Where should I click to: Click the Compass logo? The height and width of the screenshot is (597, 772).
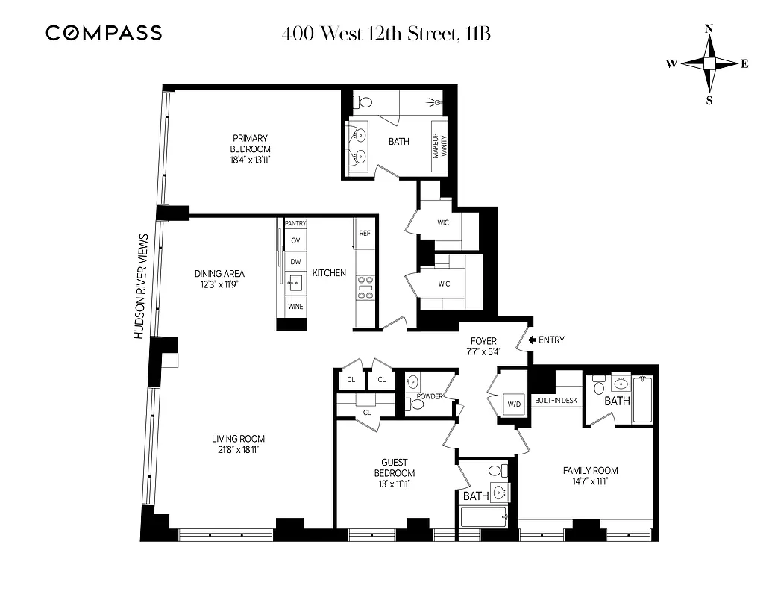coord(103,33)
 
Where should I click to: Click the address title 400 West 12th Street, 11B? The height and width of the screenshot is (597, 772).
coord(386,34)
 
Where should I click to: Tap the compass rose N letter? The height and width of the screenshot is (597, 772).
coord(709,28)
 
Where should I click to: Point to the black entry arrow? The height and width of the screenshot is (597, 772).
coord(532,340)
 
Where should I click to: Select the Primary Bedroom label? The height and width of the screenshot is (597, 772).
coord(250,143)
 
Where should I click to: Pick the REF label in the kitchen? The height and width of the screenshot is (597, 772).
coord(365,234)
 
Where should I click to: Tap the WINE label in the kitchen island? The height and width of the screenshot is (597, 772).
coord(295,307)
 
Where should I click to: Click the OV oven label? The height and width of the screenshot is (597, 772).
coord(295,240)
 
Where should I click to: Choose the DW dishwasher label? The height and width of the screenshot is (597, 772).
coord(295,262)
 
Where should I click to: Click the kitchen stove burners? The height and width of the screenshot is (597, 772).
coord(365,287)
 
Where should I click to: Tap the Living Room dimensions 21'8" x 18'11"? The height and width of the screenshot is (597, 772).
coord(238,449)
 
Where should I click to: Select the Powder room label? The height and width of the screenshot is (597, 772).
coord(430,396)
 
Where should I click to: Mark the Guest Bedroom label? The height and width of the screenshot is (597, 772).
coord(395,468)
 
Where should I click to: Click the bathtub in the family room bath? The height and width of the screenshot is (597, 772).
coord(642,400)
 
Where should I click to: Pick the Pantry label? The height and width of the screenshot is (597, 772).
coord(295,223)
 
